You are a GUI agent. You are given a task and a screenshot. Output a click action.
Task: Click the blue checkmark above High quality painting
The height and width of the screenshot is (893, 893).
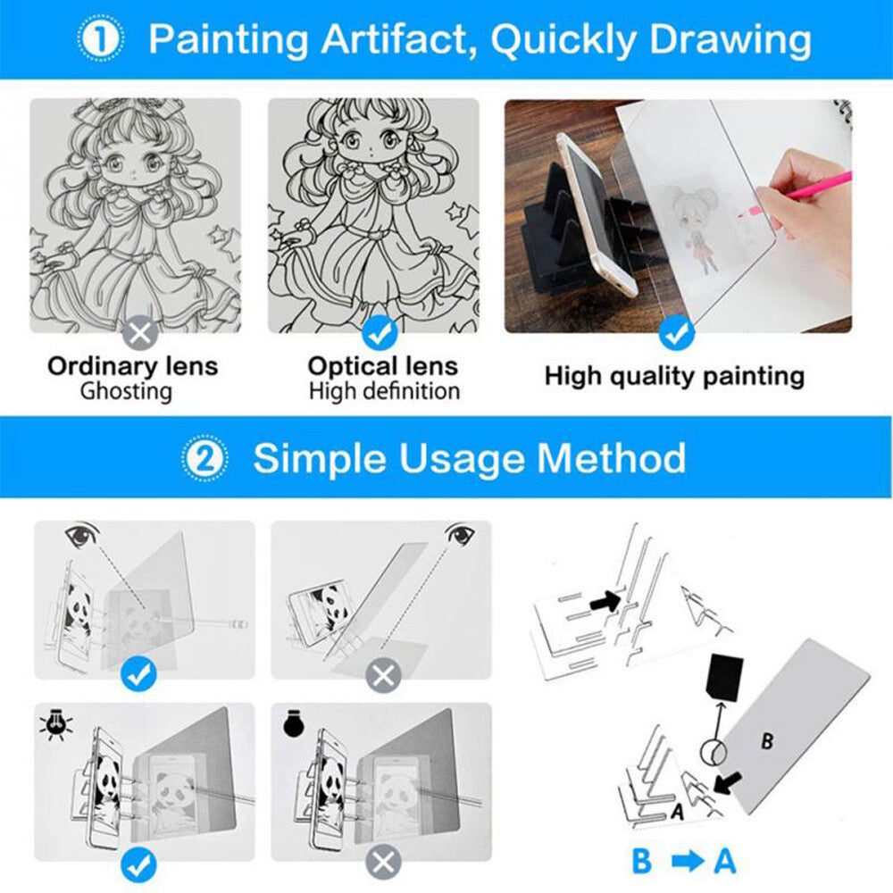coord(676,334)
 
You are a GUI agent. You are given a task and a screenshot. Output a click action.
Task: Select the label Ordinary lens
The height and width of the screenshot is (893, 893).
coord(132,366)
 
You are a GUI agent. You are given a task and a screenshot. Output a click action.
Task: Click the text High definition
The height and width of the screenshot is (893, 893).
coord(384,391)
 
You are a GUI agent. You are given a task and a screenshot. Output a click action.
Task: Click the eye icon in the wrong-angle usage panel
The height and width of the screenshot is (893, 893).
coord(461,536)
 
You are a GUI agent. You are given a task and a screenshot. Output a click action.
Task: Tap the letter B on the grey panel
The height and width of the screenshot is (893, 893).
coord(767,740)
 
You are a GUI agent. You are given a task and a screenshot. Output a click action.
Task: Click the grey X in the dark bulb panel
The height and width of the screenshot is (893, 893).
coord(383,863)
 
